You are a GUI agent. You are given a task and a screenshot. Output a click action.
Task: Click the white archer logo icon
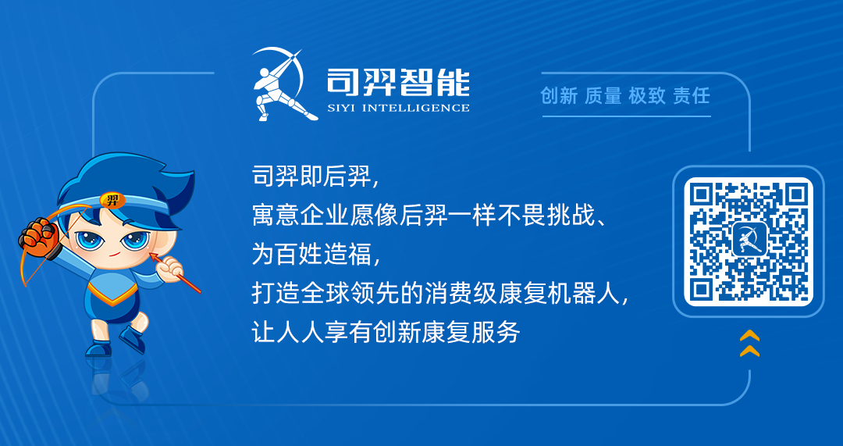[279, 84]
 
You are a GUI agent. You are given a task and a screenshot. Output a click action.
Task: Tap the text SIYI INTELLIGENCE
[398, 108]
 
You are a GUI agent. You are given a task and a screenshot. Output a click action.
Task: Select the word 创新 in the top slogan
[559, 96]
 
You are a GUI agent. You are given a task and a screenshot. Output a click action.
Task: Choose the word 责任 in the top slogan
[692, 96]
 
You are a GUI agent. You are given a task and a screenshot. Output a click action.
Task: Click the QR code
[748, 241]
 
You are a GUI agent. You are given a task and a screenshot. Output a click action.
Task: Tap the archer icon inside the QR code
[749, 241]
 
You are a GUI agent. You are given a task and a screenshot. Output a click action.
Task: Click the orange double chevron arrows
[749, 343]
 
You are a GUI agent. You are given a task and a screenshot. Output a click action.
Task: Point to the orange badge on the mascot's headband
[113, 201]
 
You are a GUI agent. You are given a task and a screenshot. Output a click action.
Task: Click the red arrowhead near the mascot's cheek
[155, 257]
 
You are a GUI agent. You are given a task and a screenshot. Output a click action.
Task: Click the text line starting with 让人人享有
[386, 333]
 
